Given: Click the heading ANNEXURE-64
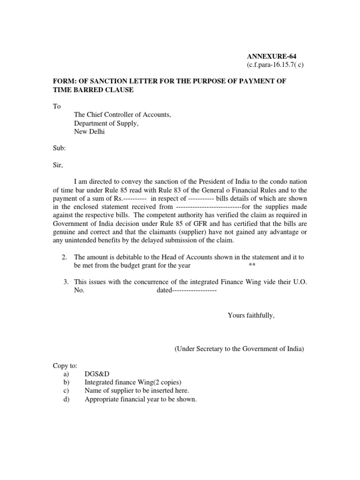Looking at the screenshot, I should (x=269, y=57).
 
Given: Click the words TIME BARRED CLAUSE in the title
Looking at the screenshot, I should (x=93, y=90).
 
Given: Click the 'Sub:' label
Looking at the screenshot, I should (x=59, y=149).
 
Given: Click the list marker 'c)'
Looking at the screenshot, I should (x=65, y=391).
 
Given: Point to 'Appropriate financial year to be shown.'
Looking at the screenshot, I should (x=141, y=399).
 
